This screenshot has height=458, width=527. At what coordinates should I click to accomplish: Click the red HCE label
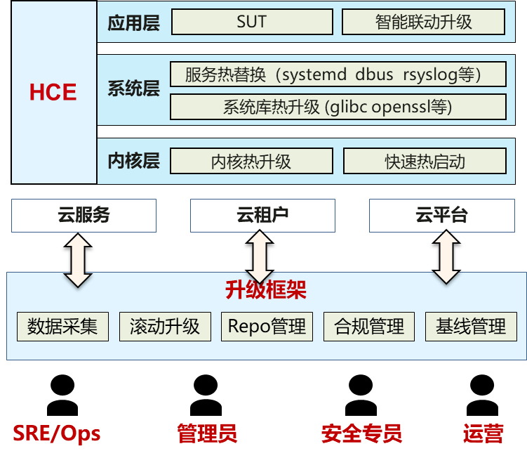click(53, 92)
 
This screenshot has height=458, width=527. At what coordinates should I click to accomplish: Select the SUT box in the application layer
click(251, 22)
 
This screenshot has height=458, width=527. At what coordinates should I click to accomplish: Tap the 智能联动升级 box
click(423, 22)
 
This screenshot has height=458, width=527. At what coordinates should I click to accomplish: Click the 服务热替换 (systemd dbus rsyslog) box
click(338, 74)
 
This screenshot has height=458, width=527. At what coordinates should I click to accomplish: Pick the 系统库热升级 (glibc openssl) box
click(338, 107)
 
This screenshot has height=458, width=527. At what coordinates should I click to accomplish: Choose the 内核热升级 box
click(251, 162)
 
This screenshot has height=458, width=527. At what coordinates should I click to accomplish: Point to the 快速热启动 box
click(425, 162)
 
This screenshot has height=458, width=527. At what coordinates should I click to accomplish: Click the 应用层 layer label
click(133, 22)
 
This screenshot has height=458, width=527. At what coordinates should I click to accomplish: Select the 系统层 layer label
click(133, 90)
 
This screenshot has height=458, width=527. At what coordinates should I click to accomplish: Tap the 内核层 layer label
click(133, 161)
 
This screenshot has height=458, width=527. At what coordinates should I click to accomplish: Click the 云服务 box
click(84, 216)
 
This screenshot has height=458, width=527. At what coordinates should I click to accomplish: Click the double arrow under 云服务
click(78, 260)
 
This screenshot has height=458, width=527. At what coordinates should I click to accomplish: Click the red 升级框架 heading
click(265, 289)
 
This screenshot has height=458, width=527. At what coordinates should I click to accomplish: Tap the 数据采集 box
click(62, 327)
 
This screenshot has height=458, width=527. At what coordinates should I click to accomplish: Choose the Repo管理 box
click(267, 327)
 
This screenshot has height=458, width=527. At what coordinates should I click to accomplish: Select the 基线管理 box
click(470, 327)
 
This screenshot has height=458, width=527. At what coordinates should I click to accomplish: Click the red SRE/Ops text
click(56, 433)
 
